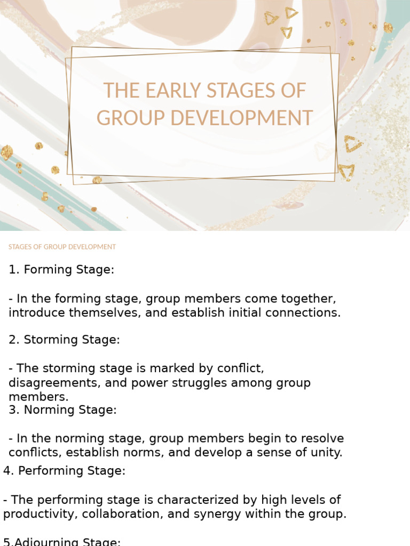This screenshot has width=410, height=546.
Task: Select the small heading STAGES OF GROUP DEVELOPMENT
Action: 62,247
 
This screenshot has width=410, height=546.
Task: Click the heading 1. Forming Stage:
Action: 61,270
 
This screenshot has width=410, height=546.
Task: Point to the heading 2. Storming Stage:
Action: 64,340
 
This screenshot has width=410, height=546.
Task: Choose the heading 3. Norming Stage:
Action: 62,410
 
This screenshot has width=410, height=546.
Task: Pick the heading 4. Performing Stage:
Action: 64,471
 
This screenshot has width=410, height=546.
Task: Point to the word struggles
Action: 208,383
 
